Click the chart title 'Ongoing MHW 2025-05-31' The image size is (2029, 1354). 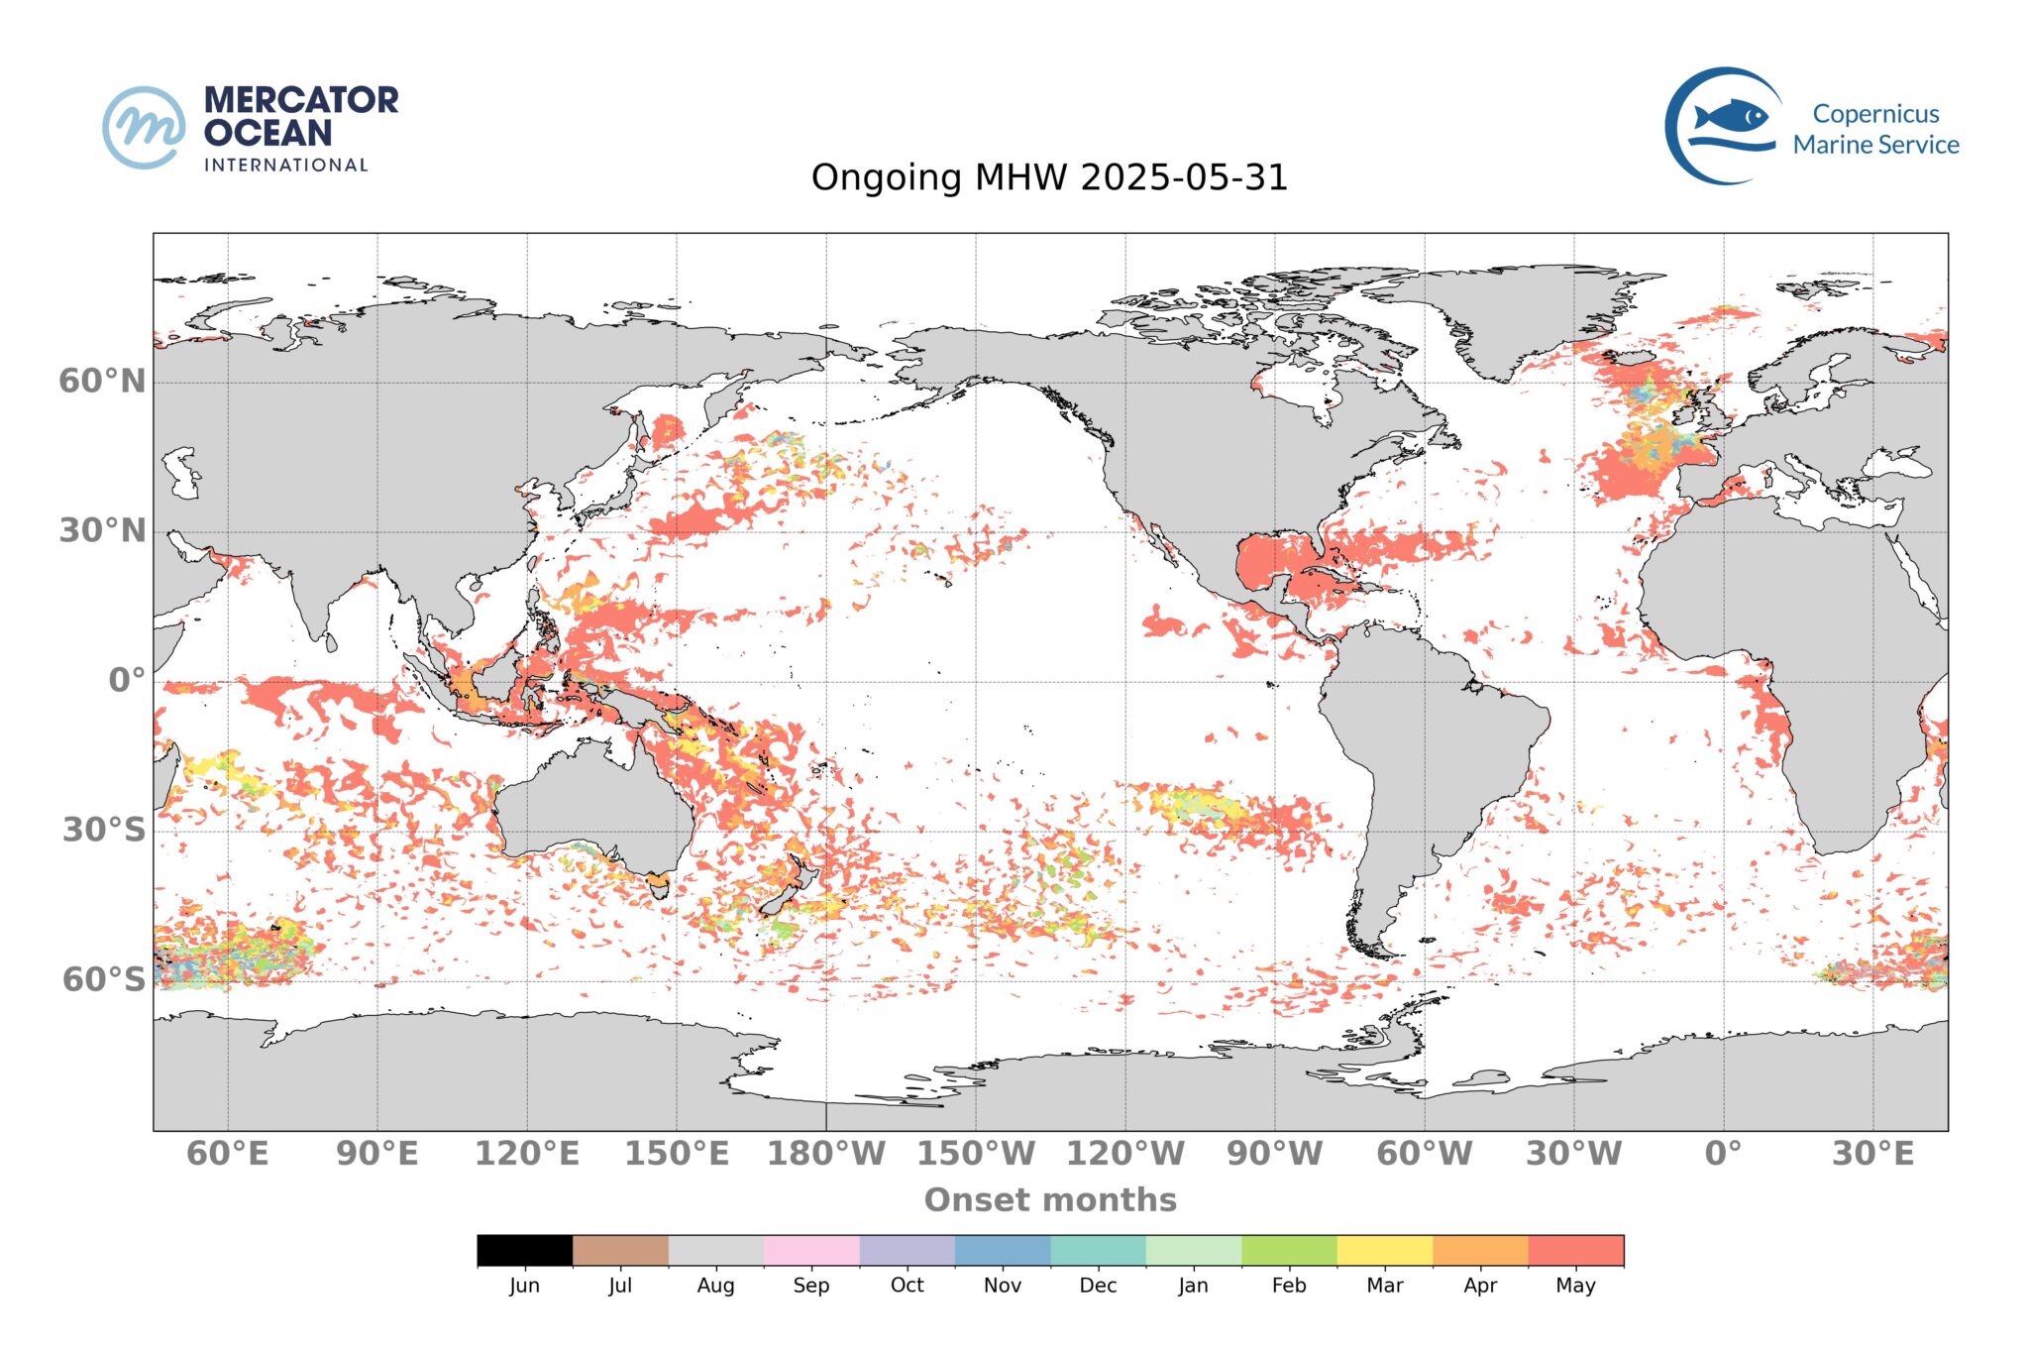1049,178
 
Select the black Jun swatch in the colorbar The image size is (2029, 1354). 524,1250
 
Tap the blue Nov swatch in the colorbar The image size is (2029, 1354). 1002,1250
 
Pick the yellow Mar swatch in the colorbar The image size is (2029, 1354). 1384,1250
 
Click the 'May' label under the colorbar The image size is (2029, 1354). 1575,1286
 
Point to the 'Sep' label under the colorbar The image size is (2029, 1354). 810,1286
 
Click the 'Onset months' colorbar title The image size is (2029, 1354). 1050,1199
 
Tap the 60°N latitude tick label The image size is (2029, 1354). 102,381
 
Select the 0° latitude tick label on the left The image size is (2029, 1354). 127,681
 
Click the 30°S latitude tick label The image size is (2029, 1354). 104,830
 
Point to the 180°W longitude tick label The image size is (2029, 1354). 826,1154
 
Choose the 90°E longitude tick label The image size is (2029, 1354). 376,1154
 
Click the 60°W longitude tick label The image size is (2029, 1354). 1424,1154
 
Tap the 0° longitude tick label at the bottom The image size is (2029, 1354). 1723,1154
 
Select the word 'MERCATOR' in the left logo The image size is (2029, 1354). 301,100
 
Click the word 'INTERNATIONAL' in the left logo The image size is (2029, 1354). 286,165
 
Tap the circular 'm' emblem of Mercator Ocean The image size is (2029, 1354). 144,127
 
